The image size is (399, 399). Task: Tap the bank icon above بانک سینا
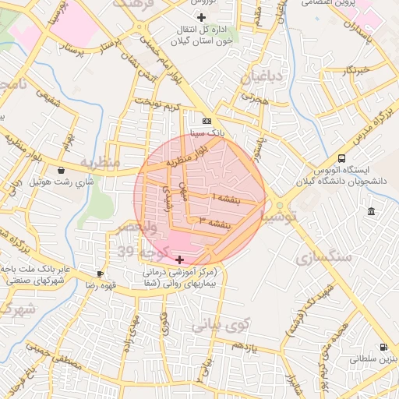tap(206, 121)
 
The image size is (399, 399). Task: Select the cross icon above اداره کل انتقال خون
tap(202, 17)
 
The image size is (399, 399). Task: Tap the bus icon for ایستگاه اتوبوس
tap(342, 158)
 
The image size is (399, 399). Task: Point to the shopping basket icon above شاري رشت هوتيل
tap(62, 170)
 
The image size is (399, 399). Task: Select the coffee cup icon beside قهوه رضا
tap(100, 274)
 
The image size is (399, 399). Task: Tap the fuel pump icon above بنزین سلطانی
tap(383, 347)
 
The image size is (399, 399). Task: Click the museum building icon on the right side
tap(371, 212)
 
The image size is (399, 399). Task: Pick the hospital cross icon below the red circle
tap(180, 260)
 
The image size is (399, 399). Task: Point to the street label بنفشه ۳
tap(214, 222)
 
